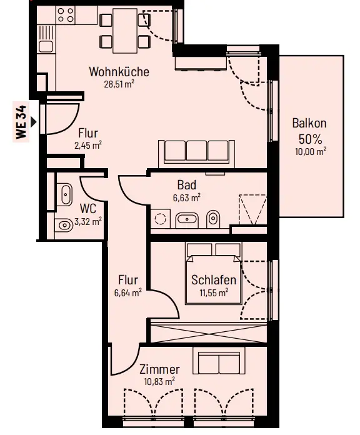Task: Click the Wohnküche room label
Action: (119, 72)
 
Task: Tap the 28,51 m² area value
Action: (119, 84)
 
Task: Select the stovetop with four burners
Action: (66, 15)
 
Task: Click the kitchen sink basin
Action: (46, 46)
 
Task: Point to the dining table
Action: (125, 31)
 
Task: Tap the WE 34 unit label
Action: (21, 122)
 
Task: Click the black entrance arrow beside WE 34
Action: (34, 122)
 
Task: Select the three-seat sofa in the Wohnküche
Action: (196, 154)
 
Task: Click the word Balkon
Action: (309, 123)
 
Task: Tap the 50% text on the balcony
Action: (310, 139)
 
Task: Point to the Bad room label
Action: (187, 185)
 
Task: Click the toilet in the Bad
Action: (213, 219)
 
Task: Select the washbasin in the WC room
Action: (65, 194)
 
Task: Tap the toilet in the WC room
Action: (62, 225)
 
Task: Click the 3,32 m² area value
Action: (88, 221)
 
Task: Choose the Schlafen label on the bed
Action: (214, 280)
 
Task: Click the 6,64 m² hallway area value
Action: (128, 292)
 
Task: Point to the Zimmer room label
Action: (159, 369)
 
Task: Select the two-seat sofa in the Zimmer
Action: (219, 361)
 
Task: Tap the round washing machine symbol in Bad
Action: (160, 219)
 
